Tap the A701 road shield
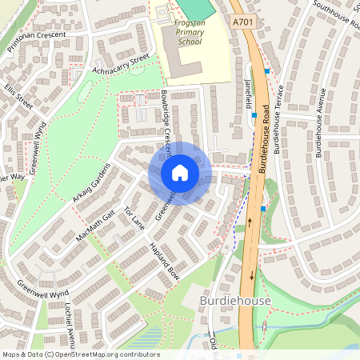click(x=241, y=25)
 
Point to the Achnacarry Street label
click(x=121, y=64)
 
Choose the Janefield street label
click(x=248, y=90)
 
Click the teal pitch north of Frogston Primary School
click(x=197, y=8)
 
